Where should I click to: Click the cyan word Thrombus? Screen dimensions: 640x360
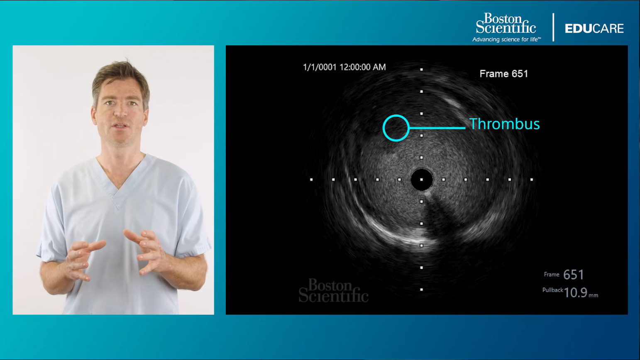coord(505,124)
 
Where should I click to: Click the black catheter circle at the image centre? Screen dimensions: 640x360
coord(422,180)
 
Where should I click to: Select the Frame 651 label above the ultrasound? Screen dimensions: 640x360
coord(504,74)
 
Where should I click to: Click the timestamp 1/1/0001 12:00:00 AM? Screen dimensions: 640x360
coord(344,67)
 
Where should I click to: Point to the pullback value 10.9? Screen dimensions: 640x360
coord(575,293)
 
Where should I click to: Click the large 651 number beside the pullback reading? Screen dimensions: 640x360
coord(574,275)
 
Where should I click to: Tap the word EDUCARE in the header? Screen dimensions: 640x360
coord(594,28)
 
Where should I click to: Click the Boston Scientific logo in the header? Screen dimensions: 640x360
coord(506,23)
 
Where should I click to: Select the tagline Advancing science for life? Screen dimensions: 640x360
coord(507,39)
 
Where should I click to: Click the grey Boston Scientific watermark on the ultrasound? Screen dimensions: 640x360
coord(334,290)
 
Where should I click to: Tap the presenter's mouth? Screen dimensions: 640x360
coord(120,125)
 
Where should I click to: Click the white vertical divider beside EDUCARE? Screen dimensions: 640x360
coord(553,27)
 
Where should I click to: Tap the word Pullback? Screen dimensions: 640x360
coord(553,290)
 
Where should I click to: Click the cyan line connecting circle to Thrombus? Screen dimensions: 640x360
coord(437,128)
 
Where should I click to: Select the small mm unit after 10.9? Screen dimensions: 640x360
coord(594,295)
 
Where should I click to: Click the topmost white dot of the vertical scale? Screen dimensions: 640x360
coord(421,69)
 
